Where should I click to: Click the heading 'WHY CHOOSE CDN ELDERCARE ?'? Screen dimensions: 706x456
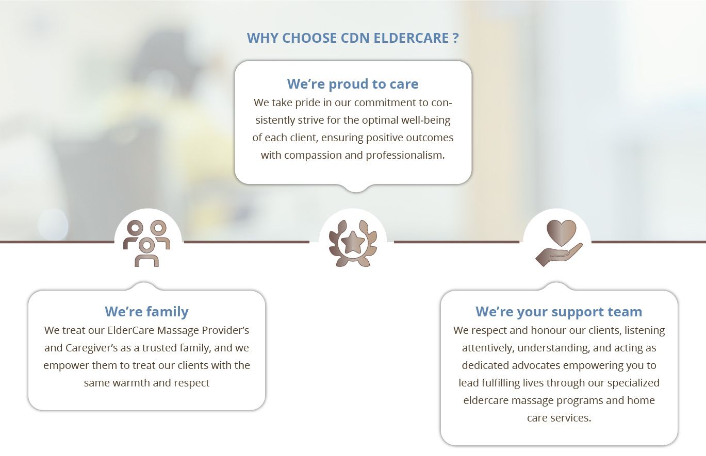(x=353, y=38)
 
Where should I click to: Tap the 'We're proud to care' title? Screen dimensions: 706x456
(x=353, y=84)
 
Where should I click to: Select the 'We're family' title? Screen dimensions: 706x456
(x=146, y=311)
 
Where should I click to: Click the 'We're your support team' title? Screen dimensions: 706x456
(x=559, y=311)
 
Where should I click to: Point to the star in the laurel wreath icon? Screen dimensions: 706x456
(x=353, y=243)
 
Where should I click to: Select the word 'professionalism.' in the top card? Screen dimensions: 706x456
(x=405, y=155)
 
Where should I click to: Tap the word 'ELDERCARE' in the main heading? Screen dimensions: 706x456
(x=411, y=38)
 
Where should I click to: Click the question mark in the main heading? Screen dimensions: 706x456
(x=456, y=38)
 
